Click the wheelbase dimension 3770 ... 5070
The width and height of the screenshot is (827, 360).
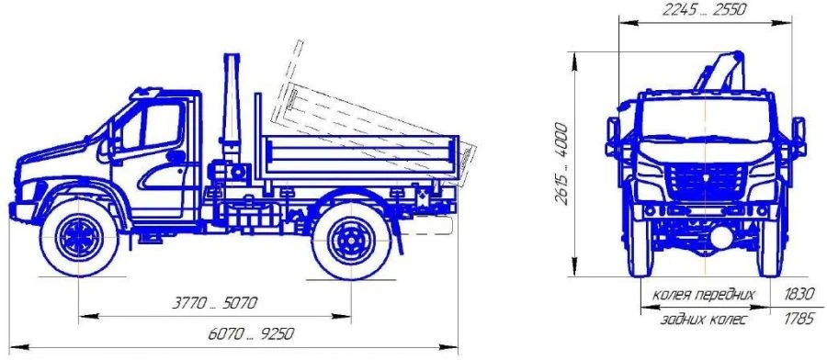[215, 303]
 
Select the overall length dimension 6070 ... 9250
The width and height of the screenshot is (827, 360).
[251, 334]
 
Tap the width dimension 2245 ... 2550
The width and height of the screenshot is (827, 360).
[705, 10]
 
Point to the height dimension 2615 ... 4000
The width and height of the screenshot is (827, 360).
[562, 163]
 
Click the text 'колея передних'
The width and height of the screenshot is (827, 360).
[704, 295]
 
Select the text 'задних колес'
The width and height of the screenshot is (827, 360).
[704, 320]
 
